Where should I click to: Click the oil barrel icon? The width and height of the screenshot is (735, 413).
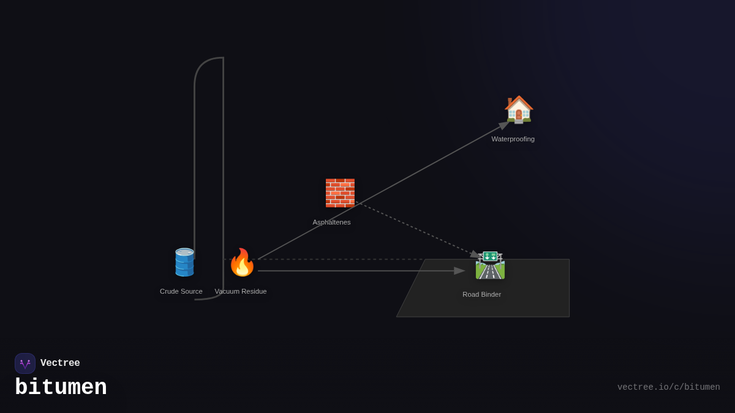(184, 262)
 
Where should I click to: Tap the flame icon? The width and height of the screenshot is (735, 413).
(242, 262)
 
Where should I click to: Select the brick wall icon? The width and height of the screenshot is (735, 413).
(340, 193)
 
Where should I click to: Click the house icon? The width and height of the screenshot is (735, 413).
(519, 110)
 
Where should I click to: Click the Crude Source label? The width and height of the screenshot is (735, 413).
(181, 291)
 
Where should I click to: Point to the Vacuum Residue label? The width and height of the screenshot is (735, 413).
(241, 291)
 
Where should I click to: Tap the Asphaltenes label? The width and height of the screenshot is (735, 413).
(331, 222)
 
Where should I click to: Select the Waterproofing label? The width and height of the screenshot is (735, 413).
(513, 139)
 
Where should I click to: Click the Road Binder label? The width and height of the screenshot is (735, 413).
(481, 294)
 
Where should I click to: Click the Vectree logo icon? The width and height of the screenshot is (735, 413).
(25, 363)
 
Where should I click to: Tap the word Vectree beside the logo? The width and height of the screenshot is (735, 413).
(60, 363)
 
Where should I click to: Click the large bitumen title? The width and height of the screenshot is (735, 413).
(61, 388)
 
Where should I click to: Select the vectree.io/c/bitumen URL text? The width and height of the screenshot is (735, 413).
(668, 387)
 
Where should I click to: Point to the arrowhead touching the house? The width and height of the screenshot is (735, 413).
(504, 125)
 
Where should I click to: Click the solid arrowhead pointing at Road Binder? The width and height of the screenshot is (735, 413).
(459, 271)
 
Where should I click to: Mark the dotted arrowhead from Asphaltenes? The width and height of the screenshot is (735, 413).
(475, 254)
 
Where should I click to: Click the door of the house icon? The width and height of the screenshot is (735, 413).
(519, 116)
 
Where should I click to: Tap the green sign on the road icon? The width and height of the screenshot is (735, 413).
(490, 256)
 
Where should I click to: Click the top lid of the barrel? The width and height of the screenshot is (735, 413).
(184, 251)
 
